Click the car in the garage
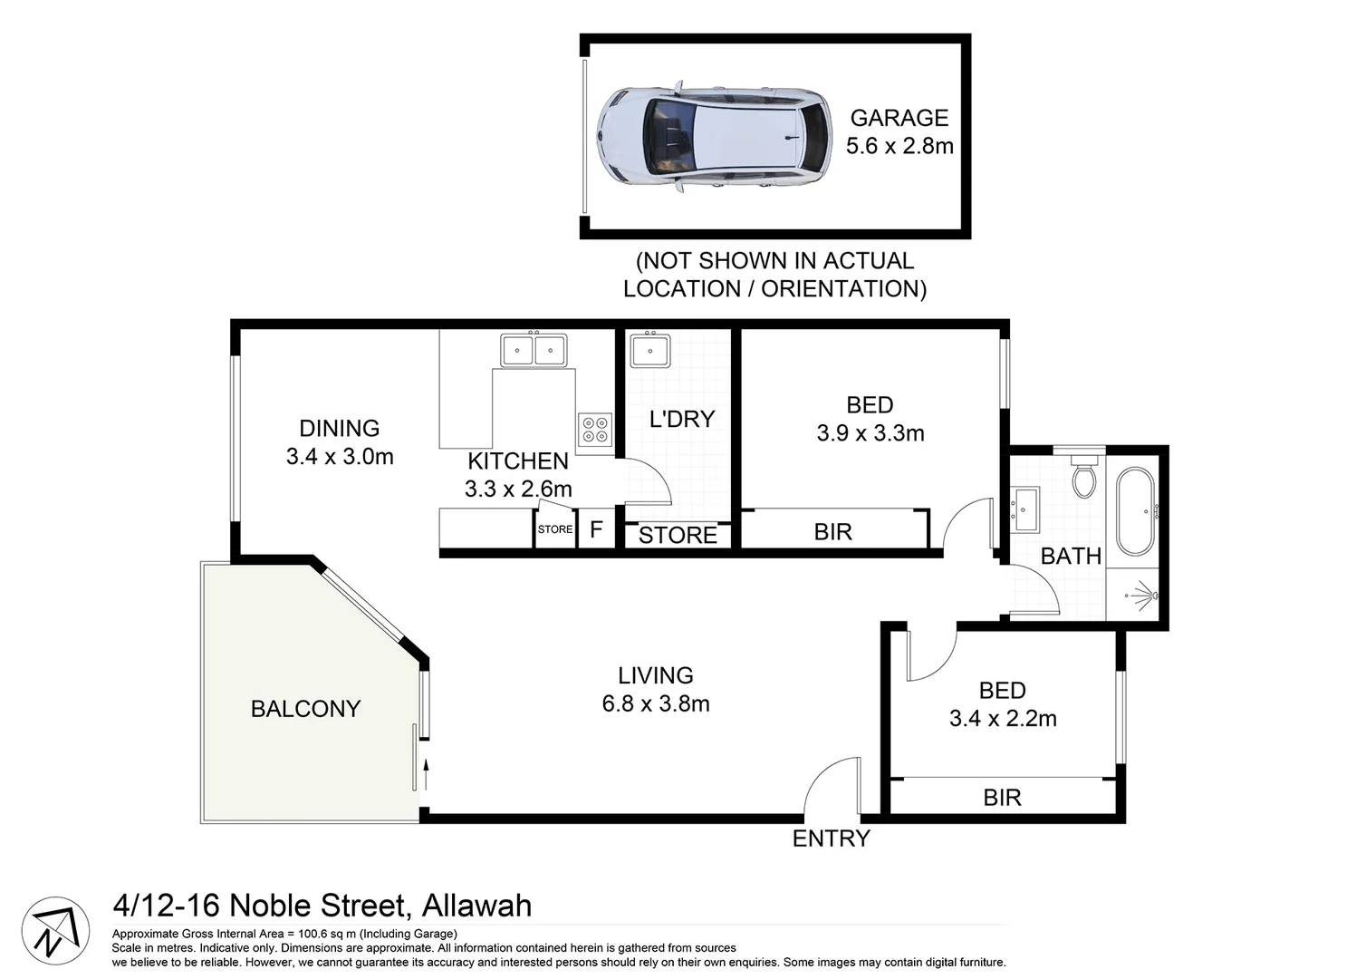pyautogui.click(x=713, y=137)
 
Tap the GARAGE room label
pyautogui.click(x=899, y=118)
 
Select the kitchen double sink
pyautogui.click(x=534, y=350)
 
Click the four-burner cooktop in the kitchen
pyautogui.click(x=595, y=429)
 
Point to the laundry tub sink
pyautogui.click(x=649, y=351)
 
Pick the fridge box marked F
pyautogui.click(x=596, y=529)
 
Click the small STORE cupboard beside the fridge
pyautogui.click(x=555, y=529)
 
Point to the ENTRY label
pyautogui.click(x=831, y=838)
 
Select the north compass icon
pyautogui.click(x=55, y=931)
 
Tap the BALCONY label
pyautogui.click(x=305, y=709)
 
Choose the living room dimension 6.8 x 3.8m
pyautogui.click(x=656, y=703)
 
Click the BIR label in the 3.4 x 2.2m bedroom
pyautogui.click(x=1002, y=798)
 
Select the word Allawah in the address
pyautogui.click(x=476, y=906)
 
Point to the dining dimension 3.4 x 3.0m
pyautogui.click(x=340, y=457)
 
